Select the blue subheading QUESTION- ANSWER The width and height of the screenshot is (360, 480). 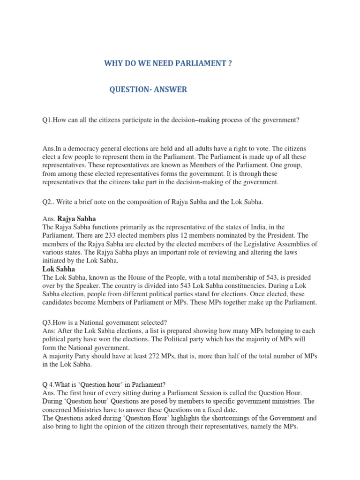pos(148,90)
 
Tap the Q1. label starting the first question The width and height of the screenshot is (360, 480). pos(47,120)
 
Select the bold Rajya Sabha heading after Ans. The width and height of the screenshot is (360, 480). pos(76,218)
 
